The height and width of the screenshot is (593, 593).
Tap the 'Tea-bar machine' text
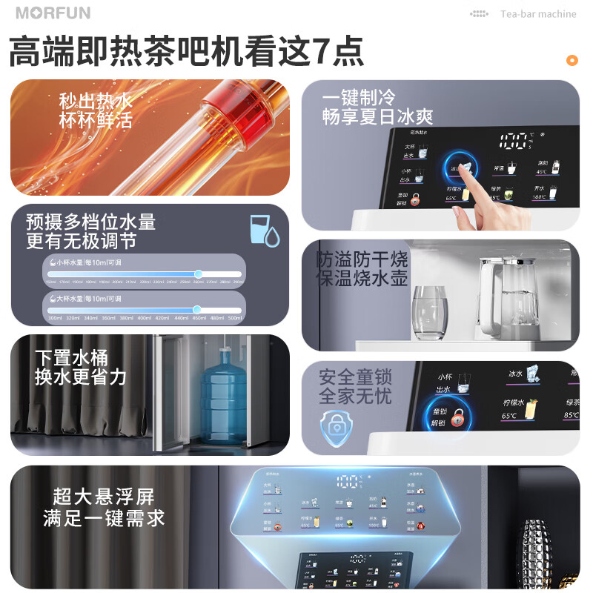[x=537, y=14]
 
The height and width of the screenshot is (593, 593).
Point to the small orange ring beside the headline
[x=572, y=60]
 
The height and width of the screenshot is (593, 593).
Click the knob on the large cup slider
[x=196, y=310]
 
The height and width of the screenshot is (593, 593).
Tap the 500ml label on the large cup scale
[x=235, y=318]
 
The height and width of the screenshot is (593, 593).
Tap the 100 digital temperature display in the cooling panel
[x=515, y=141]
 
